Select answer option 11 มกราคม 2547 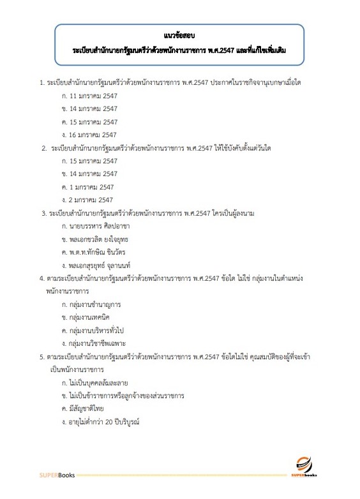coord(89,96)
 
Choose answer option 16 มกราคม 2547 coord(89,135)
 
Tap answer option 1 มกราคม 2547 coord(87,186)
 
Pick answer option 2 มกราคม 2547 coord(87,200)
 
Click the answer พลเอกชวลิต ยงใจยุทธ coord(95,239)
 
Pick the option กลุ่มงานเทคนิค coord(87,317)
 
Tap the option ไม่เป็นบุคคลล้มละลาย coord(94,383)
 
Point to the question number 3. coord(42,212)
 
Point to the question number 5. coord(41,356)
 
